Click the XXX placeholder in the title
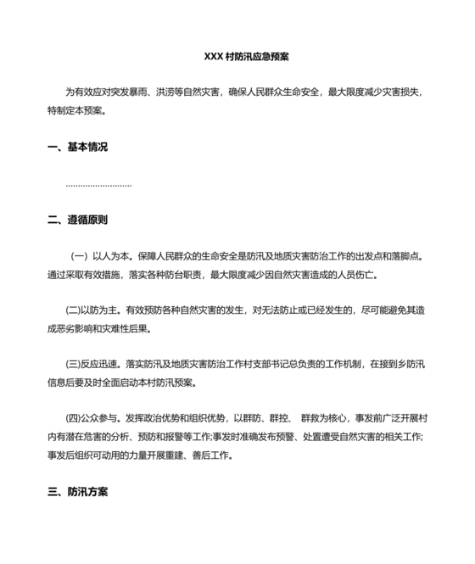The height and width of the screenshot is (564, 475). click(213, 57)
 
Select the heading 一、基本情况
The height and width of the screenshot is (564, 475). click(78, 147)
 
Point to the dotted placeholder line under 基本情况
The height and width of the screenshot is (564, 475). click(98, 184)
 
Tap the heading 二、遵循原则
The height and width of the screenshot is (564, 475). click(78, 221)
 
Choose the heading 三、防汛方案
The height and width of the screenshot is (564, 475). click(78, 492)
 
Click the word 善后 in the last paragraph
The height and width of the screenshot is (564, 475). click(204, 455)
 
